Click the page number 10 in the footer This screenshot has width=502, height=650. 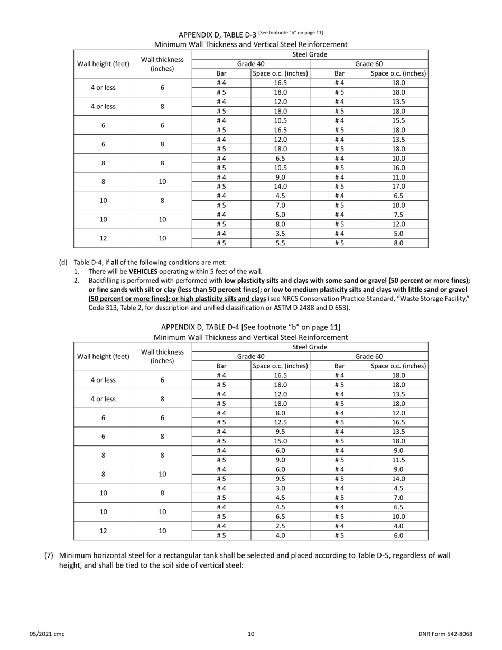coord(251,634)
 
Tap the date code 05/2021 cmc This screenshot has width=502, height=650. coord(47,634)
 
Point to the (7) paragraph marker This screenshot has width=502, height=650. coord(49,555)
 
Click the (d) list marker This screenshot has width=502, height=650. coord(63,262)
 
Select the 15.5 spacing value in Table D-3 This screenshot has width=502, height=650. coord(398,120)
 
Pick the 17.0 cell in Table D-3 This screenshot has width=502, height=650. coord(398,186)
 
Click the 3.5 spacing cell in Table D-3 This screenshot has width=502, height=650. coord(280,234)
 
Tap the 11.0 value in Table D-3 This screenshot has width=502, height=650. coord(398,177)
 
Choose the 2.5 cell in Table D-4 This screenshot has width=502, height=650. coord(280,526)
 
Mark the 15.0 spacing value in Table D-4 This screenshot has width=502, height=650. coord(280,441)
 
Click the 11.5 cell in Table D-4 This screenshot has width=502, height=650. coord(398,460)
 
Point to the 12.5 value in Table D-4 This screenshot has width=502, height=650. coord(280,422)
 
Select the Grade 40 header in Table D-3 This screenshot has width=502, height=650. coord(250,64)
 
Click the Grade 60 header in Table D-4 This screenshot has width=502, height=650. coord(369,356)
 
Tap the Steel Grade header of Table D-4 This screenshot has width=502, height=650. coord(310,347)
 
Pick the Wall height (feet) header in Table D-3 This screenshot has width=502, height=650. coord(103,64)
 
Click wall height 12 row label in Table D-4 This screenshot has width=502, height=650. coord(103,531)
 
